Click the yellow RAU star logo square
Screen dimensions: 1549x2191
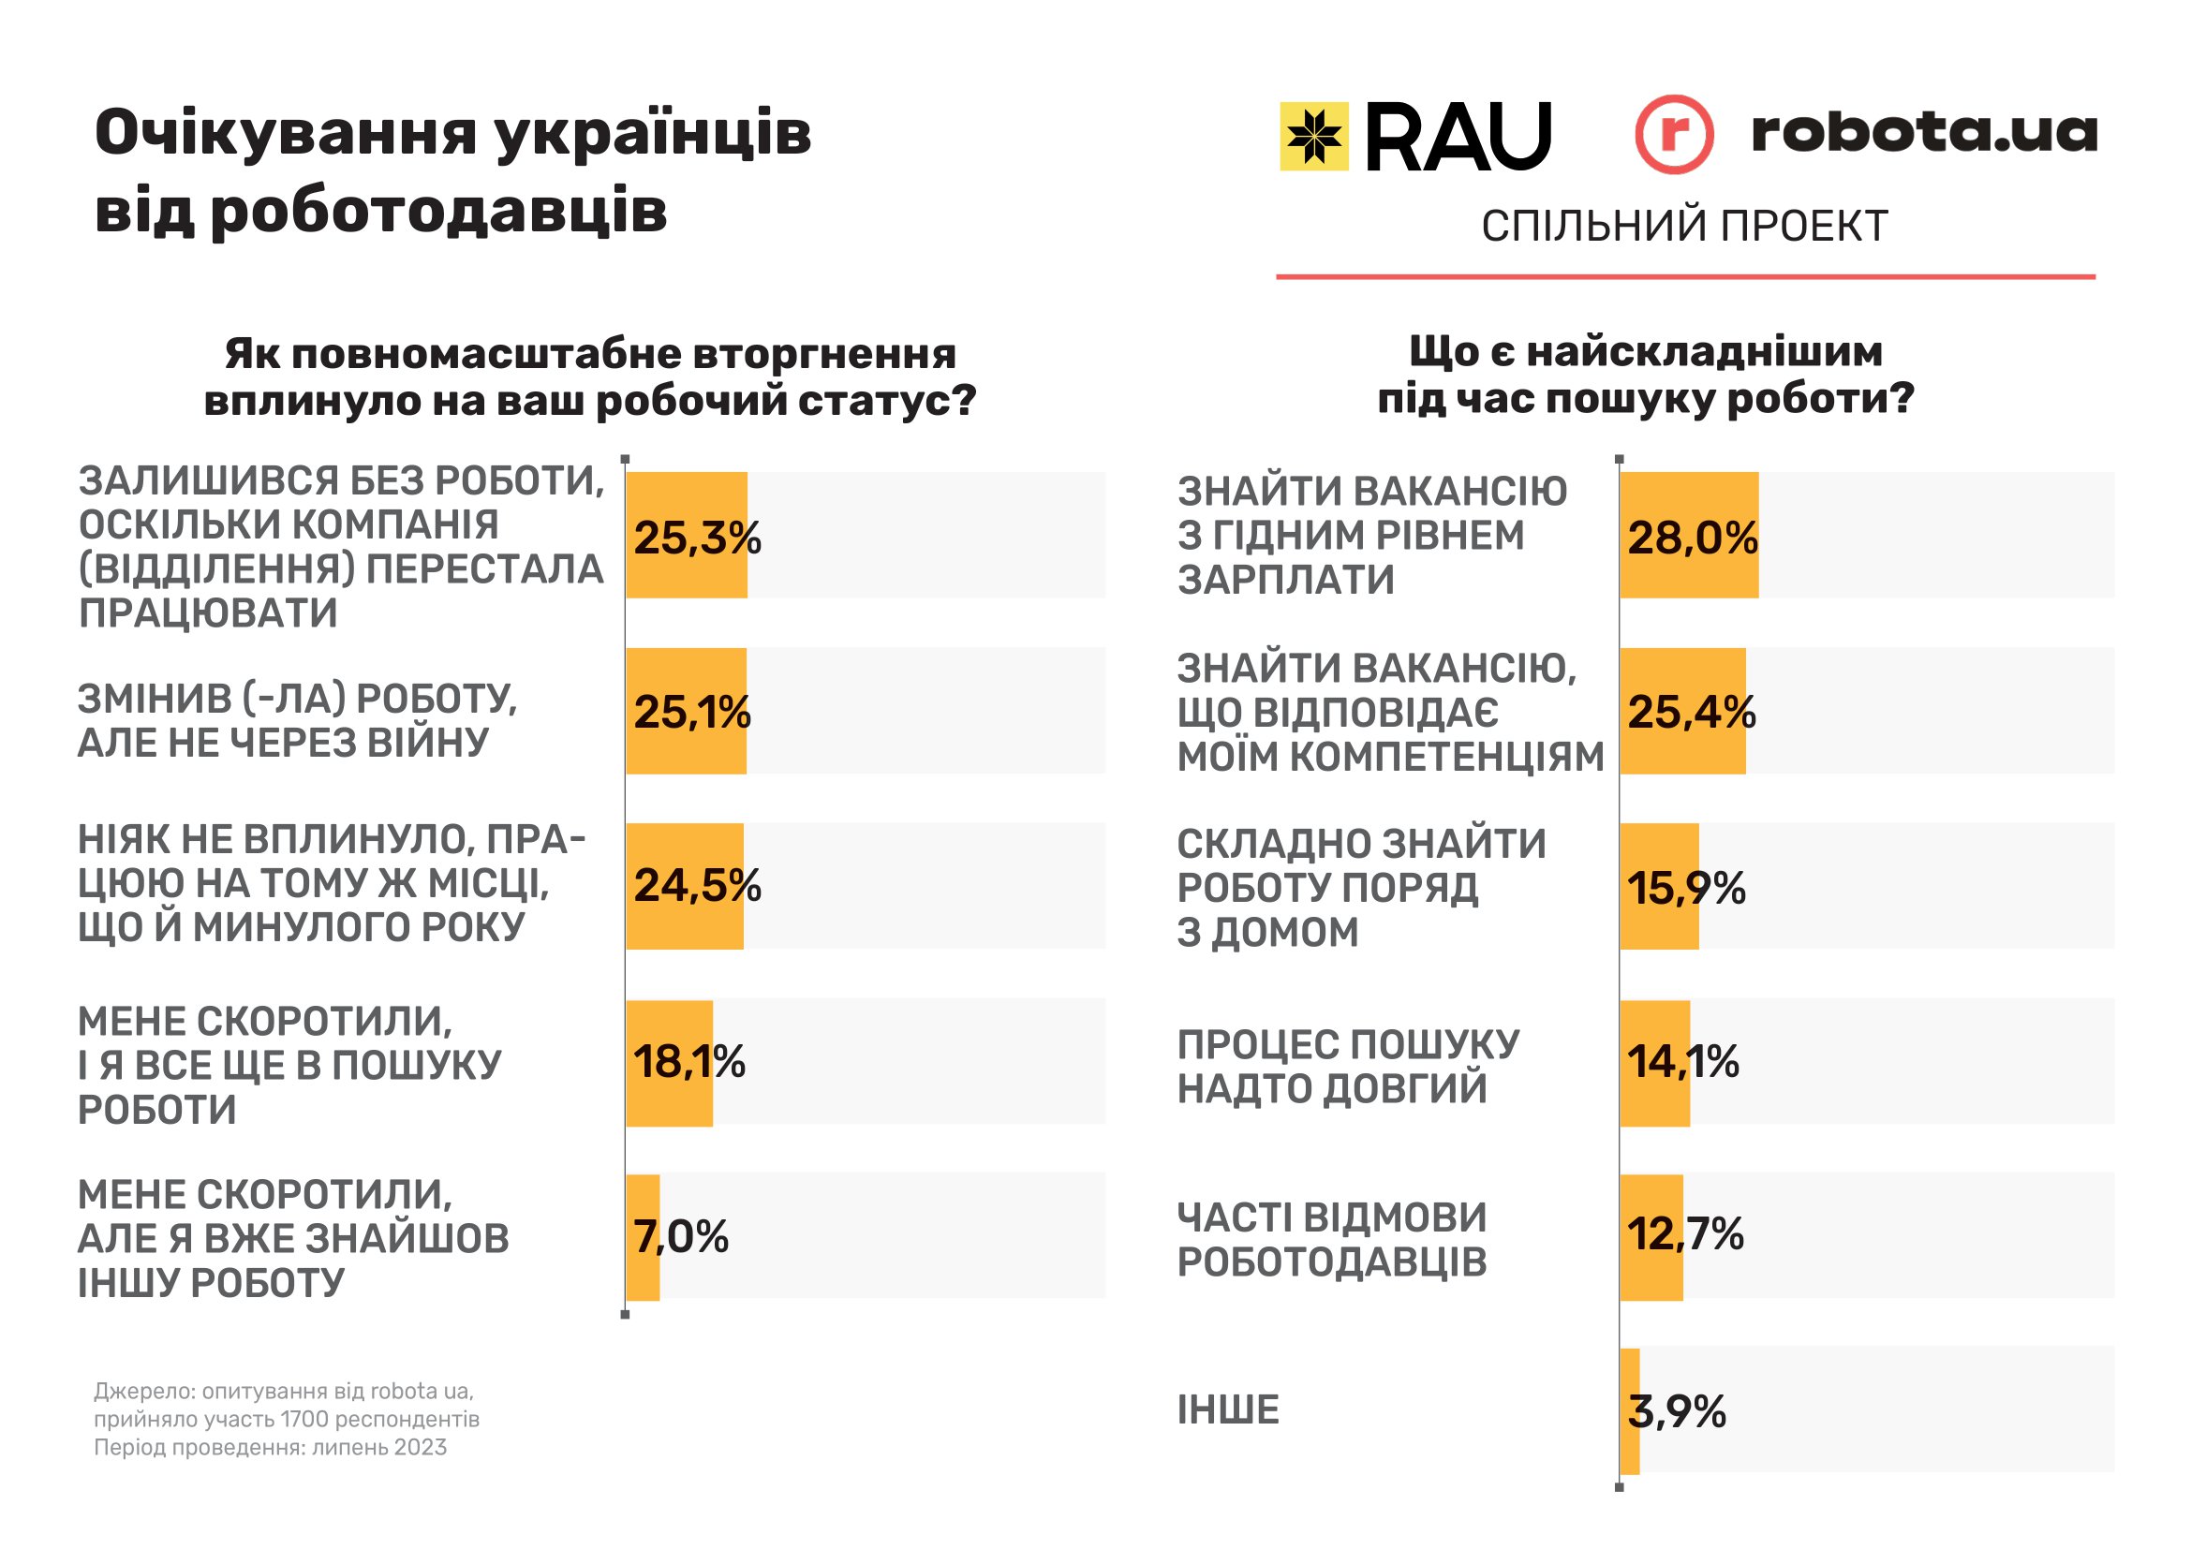1313,137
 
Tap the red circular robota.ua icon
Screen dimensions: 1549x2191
1674,135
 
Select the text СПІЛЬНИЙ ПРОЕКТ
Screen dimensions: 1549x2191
1684,227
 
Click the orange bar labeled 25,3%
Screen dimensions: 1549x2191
686,535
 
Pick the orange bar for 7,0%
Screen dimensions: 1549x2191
644,1237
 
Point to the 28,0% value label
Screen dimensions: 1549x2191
1692,538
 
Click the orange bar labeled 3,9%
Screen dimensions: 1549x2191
1630,1410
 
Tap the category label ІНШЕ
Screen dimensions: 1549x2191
1228,1410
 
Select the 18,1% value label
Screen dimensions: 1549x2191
689,1062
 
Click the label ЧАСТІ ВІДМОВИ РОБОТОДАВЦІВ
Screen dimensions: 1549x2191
1331,1239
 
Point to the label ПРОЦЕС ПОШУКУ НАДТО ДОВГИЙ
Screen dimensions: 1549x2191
1347,1067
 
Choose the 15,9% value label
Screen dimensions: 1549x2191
1686,888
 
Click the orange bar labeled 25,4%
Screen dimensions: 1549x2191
1682,711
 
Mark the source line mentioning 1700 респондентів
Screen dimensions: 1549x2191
287,1419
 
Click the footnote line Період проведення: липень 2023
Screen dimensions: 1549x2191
270,1448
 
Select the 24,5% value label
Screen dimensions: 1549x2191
697,886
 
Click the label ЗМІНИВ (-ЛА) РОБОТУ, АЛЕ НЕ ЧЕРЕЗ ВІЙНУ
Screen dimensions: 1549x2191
297,721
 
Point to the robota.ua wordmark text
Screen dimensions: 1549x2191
1924,133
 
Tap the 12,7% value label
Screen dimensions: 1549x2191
1685,1234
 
